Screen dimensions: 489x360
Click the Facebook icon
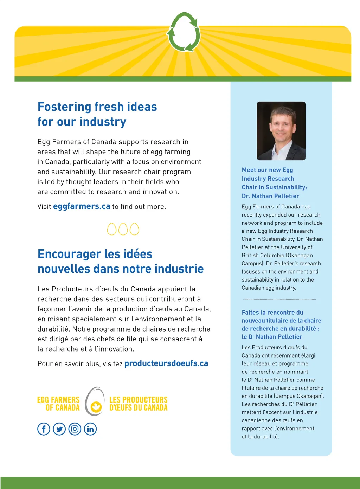click(x=44, y=429)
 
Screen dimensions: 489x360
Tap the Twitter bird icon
click(x=59, y=429)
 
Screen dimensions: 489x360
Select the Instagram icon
click(x=75, y=429)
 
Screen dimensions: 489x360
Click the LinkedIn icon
click(x=90, y=429)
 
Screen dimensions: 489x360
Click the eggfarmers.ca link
click(x=82, y=206)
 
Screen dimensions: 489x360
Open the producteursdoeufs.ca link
click(x=166, y=363)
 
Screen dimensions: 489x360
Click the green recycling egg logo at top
click(x=184, y=32)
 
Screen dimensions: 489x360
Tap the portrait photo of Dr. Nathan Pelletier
click(x=281, y=131)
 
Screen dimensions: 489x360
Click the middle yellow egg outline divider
click(x=123, y=229)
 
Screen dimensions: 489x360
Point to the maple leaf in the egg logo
click(x=96, y=407)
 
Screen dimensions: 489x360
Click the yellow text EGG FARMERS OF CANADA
click(x=59, y=404)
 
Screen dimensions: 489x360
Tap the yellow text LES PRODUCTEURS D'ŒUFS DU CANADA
click(x=139, y=404)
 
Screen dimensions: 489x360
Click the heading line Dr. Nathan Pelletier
click(x=270, y=196)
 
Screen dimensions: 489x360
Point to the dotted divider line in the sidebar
click(x=279, y=299)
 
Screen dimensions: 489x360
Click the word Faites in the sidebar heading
click(x=250, y=313)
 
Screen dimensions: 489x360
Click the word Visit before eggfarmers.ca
click(x=44, y=207)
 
